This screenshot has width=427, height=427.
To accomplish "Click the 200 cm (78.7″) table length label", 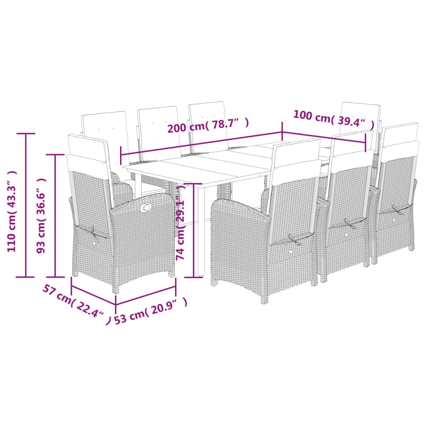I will click(208, 125).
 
